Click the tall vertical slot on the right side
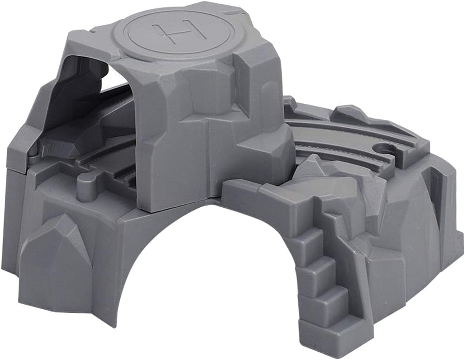click(435, 195)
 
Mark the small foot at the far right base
click(459, 237)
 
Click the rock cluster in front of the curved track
click(318, 172)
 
